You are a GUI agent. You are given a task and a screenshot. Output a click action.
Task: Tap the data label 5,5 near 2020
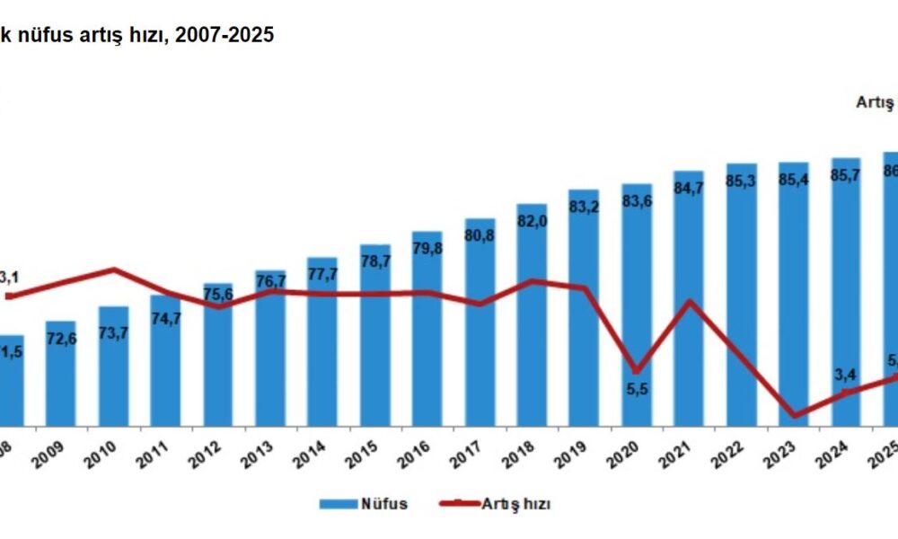coord(637,392)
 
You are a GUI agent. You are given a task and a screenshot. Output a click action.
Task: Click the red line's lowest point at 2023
coord(794,414)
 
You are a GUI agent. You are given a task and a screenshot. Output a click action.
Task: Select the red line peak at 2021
coord(690,300)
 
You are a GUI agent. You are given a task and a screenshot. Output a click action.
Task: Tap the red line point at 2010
coord(114,269)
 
